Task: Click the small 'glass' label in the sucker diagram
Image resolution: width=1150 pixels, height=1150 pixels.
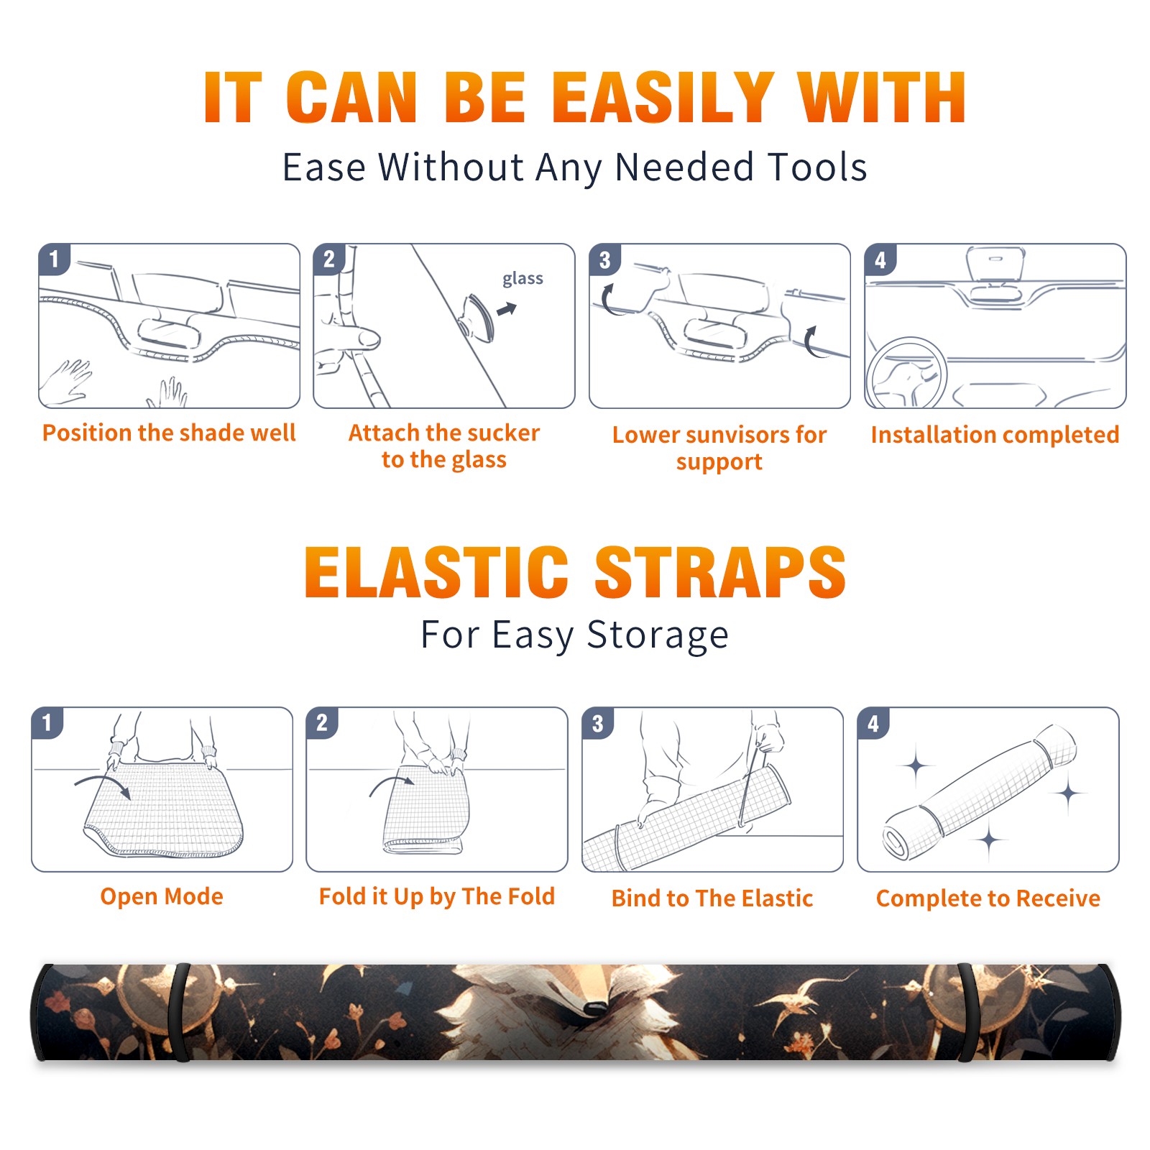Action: (523, 279)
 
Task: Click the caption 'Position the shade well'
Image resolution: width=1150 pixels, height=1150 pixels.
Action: (169, 433)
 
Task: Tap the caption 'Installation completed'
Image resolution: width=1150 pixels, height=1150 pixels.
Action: (995, 434)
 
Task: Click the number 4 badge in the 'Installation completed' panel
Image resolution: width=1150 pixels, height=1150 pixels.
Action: (880, 259)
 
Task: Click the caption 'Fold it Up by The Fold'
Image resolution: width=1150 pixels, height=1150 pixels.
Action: (437, 896)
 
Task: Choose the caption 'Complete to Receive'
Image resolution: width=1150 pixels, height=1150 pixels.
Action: (988, 898)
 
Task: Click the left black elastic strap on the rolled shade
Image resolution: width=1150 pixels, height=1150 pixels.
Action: (180, 1012)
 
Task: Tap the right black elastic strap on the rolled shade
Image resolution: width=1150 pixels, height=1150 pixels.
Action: (967, 1012)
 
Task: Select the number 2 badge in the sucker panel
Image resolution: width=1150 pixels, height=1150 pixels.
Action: (328, 259)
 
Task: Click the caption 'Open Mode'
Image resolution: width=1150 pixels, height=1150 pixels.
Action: (162, 896)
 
